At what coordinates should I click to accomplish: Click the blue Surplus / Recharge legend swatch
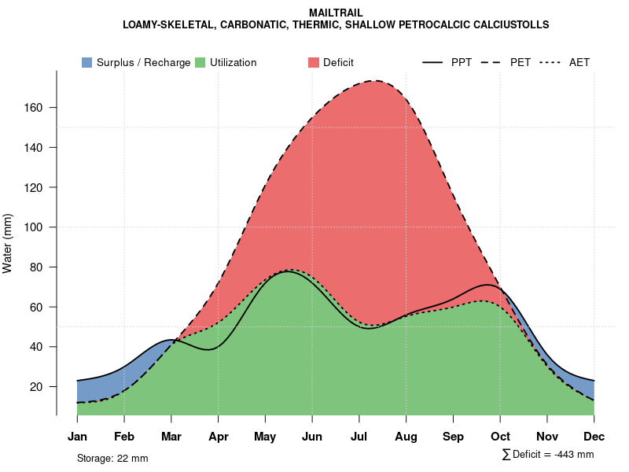(x=87, y=62)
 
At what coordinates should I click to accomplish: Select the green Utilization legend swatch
(x=200, y=62)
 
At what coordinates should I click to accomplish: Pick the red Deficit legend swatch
(x=313, y=62)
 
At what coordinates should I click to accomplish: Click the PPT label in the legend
(x=462, y=62)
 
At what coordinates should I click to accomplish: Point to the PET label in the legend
(x=520, y=62)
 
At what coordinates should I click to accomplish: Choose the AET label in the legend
(x=579, y=62)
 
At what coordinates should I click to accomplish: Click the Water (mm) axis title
(x=8, y=243)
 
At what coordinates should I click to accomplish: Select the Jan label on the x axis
(x=77, y=437)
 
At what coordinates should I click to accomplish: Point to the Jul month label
(x=359, y=437)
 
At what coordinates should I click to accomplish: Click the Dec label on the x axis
(x=594, y=437)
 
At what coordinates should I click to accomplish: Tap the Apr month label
(x=219, y=437)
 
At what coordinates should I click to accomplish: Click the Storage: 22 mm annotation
(x=112, y=458)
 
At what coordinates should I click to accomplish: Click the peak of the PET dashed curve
(x=376, y=80)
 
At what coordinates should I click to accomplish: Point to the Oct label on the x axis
(x=500, y=437)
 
